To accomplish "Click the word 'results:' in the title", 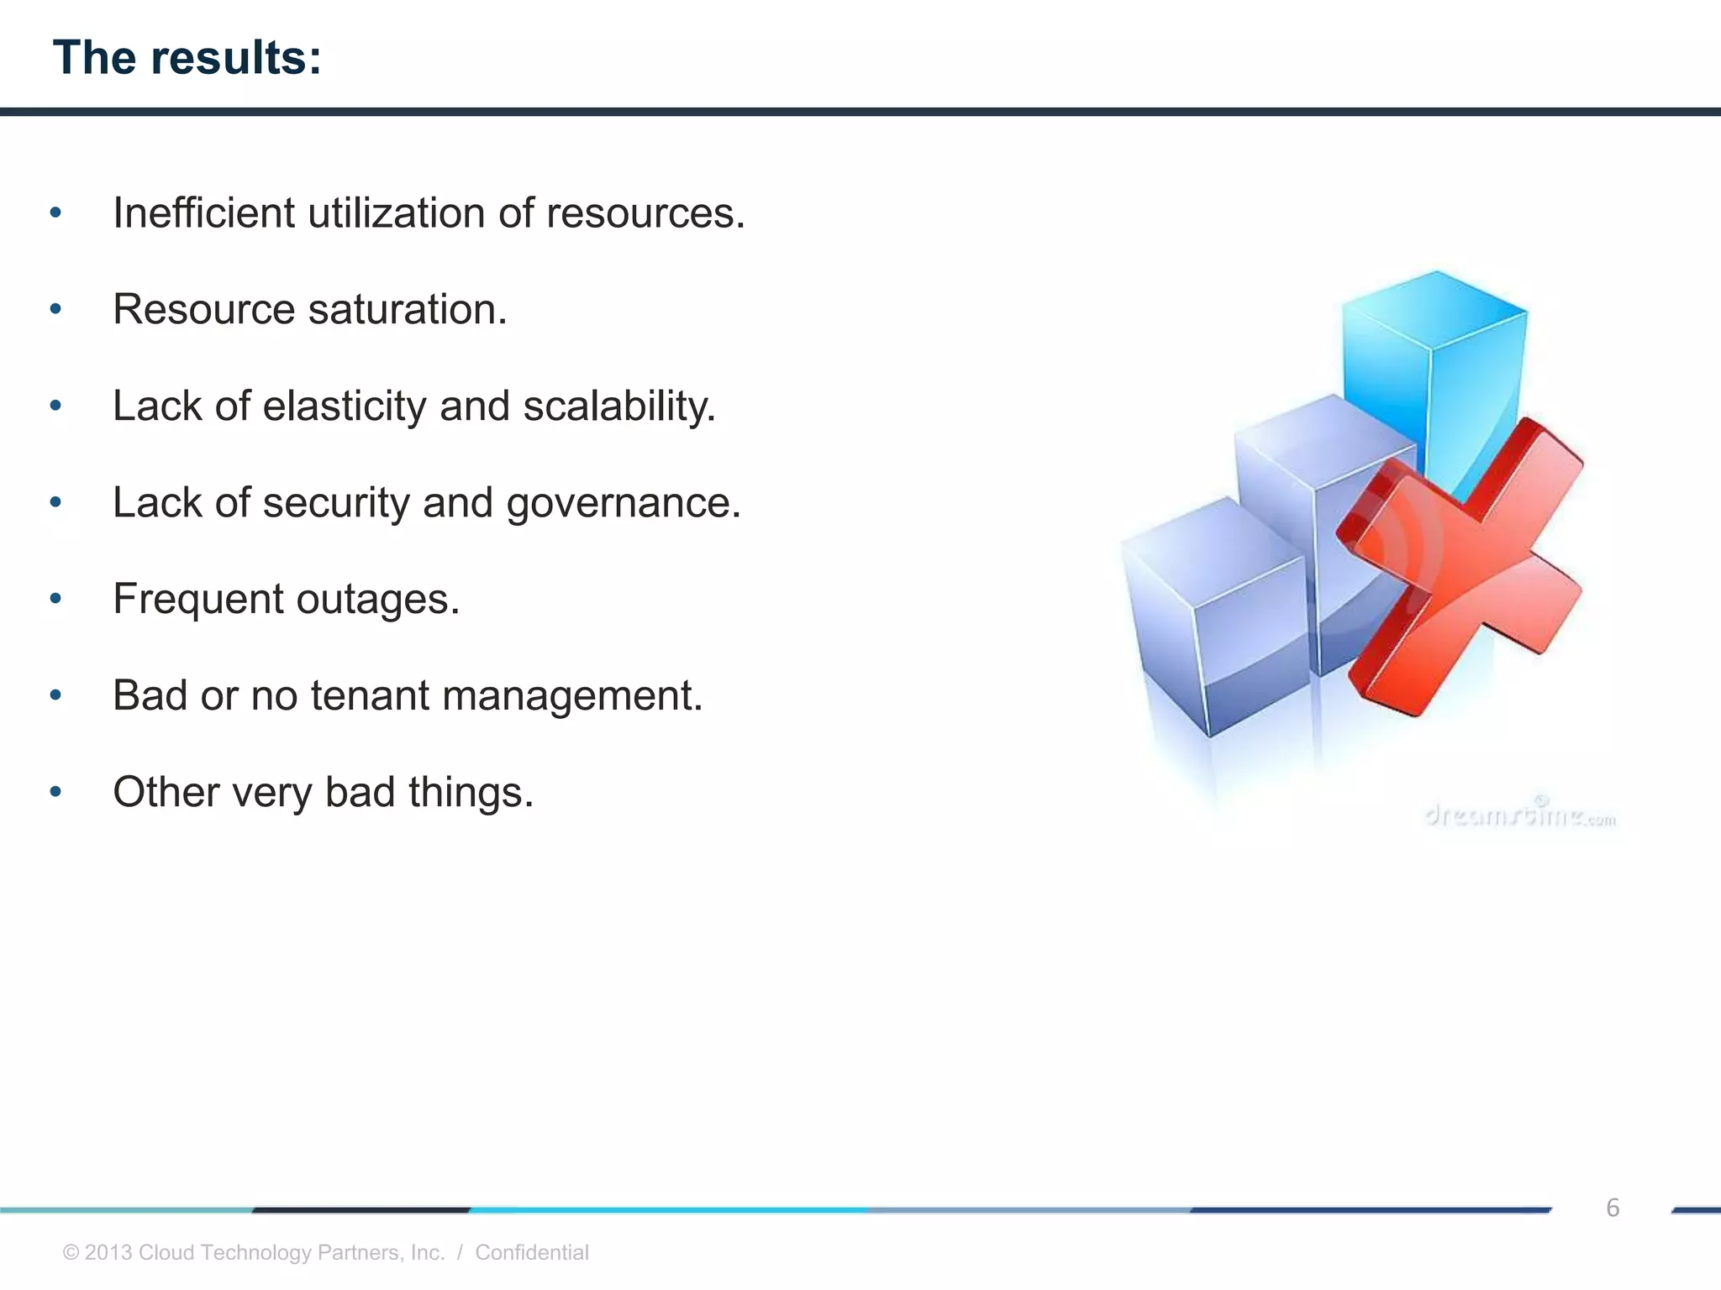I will tap(236, 58).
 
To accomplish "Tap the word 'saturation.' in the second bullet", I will tap(408, 310).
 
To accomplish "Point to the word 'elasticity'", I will tap(345, 406).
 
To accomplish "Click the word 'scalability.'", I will tap(619, 406).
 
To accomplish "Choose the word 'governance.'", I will tap(624, 503).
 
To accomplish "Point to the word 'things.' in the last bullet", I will tap(471, 793).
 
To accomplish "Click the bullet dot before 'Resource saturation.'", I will tap(55, 310).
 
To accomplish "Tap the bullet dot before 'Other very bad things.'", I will tap(55, 792).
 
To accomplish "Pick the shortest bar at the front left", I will tap(1210, 621).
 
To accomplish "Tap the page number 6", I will tap(1612, 1208).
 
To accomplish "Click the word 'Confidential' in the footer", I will tap(531, 1252).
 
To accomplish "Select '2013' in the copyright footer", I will tap(108, 1252).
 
